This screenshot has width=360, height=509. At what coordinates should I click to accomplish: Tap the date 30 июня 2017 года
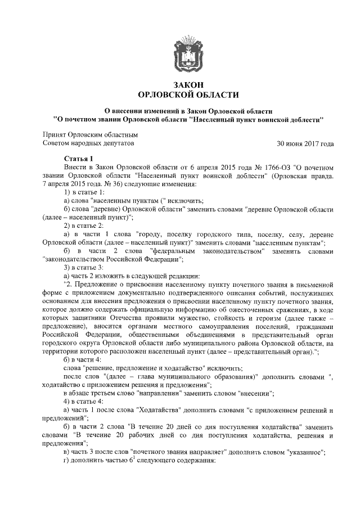click(x=305, y=144)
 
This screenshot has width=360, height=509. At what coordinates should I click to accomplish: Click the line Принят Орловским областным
click(x=90, y=135)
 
